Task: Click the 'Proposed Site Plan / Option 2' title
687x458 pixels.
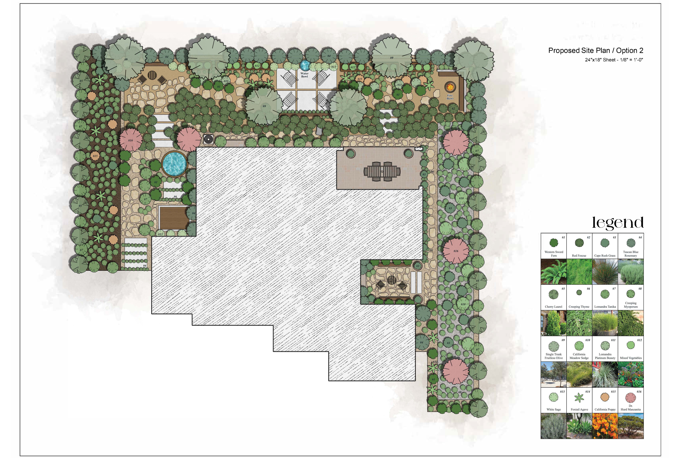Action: click(x=596, y=51)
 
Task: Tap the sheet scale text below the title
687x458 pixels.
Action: click(x=614, y=60)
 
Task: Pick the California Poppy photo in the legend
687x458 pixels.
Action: click(x=605, y=426)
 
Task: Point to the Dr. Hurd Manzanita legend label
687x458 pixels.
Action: click(x=631, y=408)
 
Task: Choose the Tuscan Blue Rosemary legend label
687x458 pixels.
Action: click(x=631, y=253)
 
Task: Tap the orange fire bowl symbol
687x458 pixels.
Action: click(x=450, y=87)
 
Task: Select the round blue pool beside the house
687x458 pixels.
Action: click(x=174, y=164)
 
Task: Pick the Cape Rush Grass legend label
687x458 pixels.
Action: click(x=605, y=256)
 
